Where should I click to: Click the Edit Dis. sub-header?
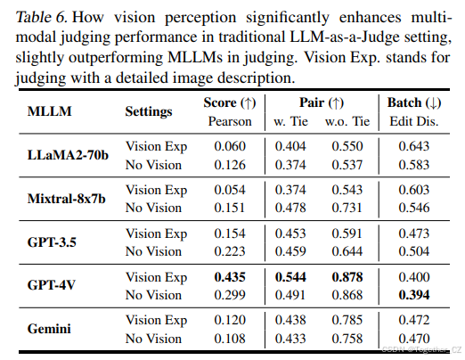(409, 120)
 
